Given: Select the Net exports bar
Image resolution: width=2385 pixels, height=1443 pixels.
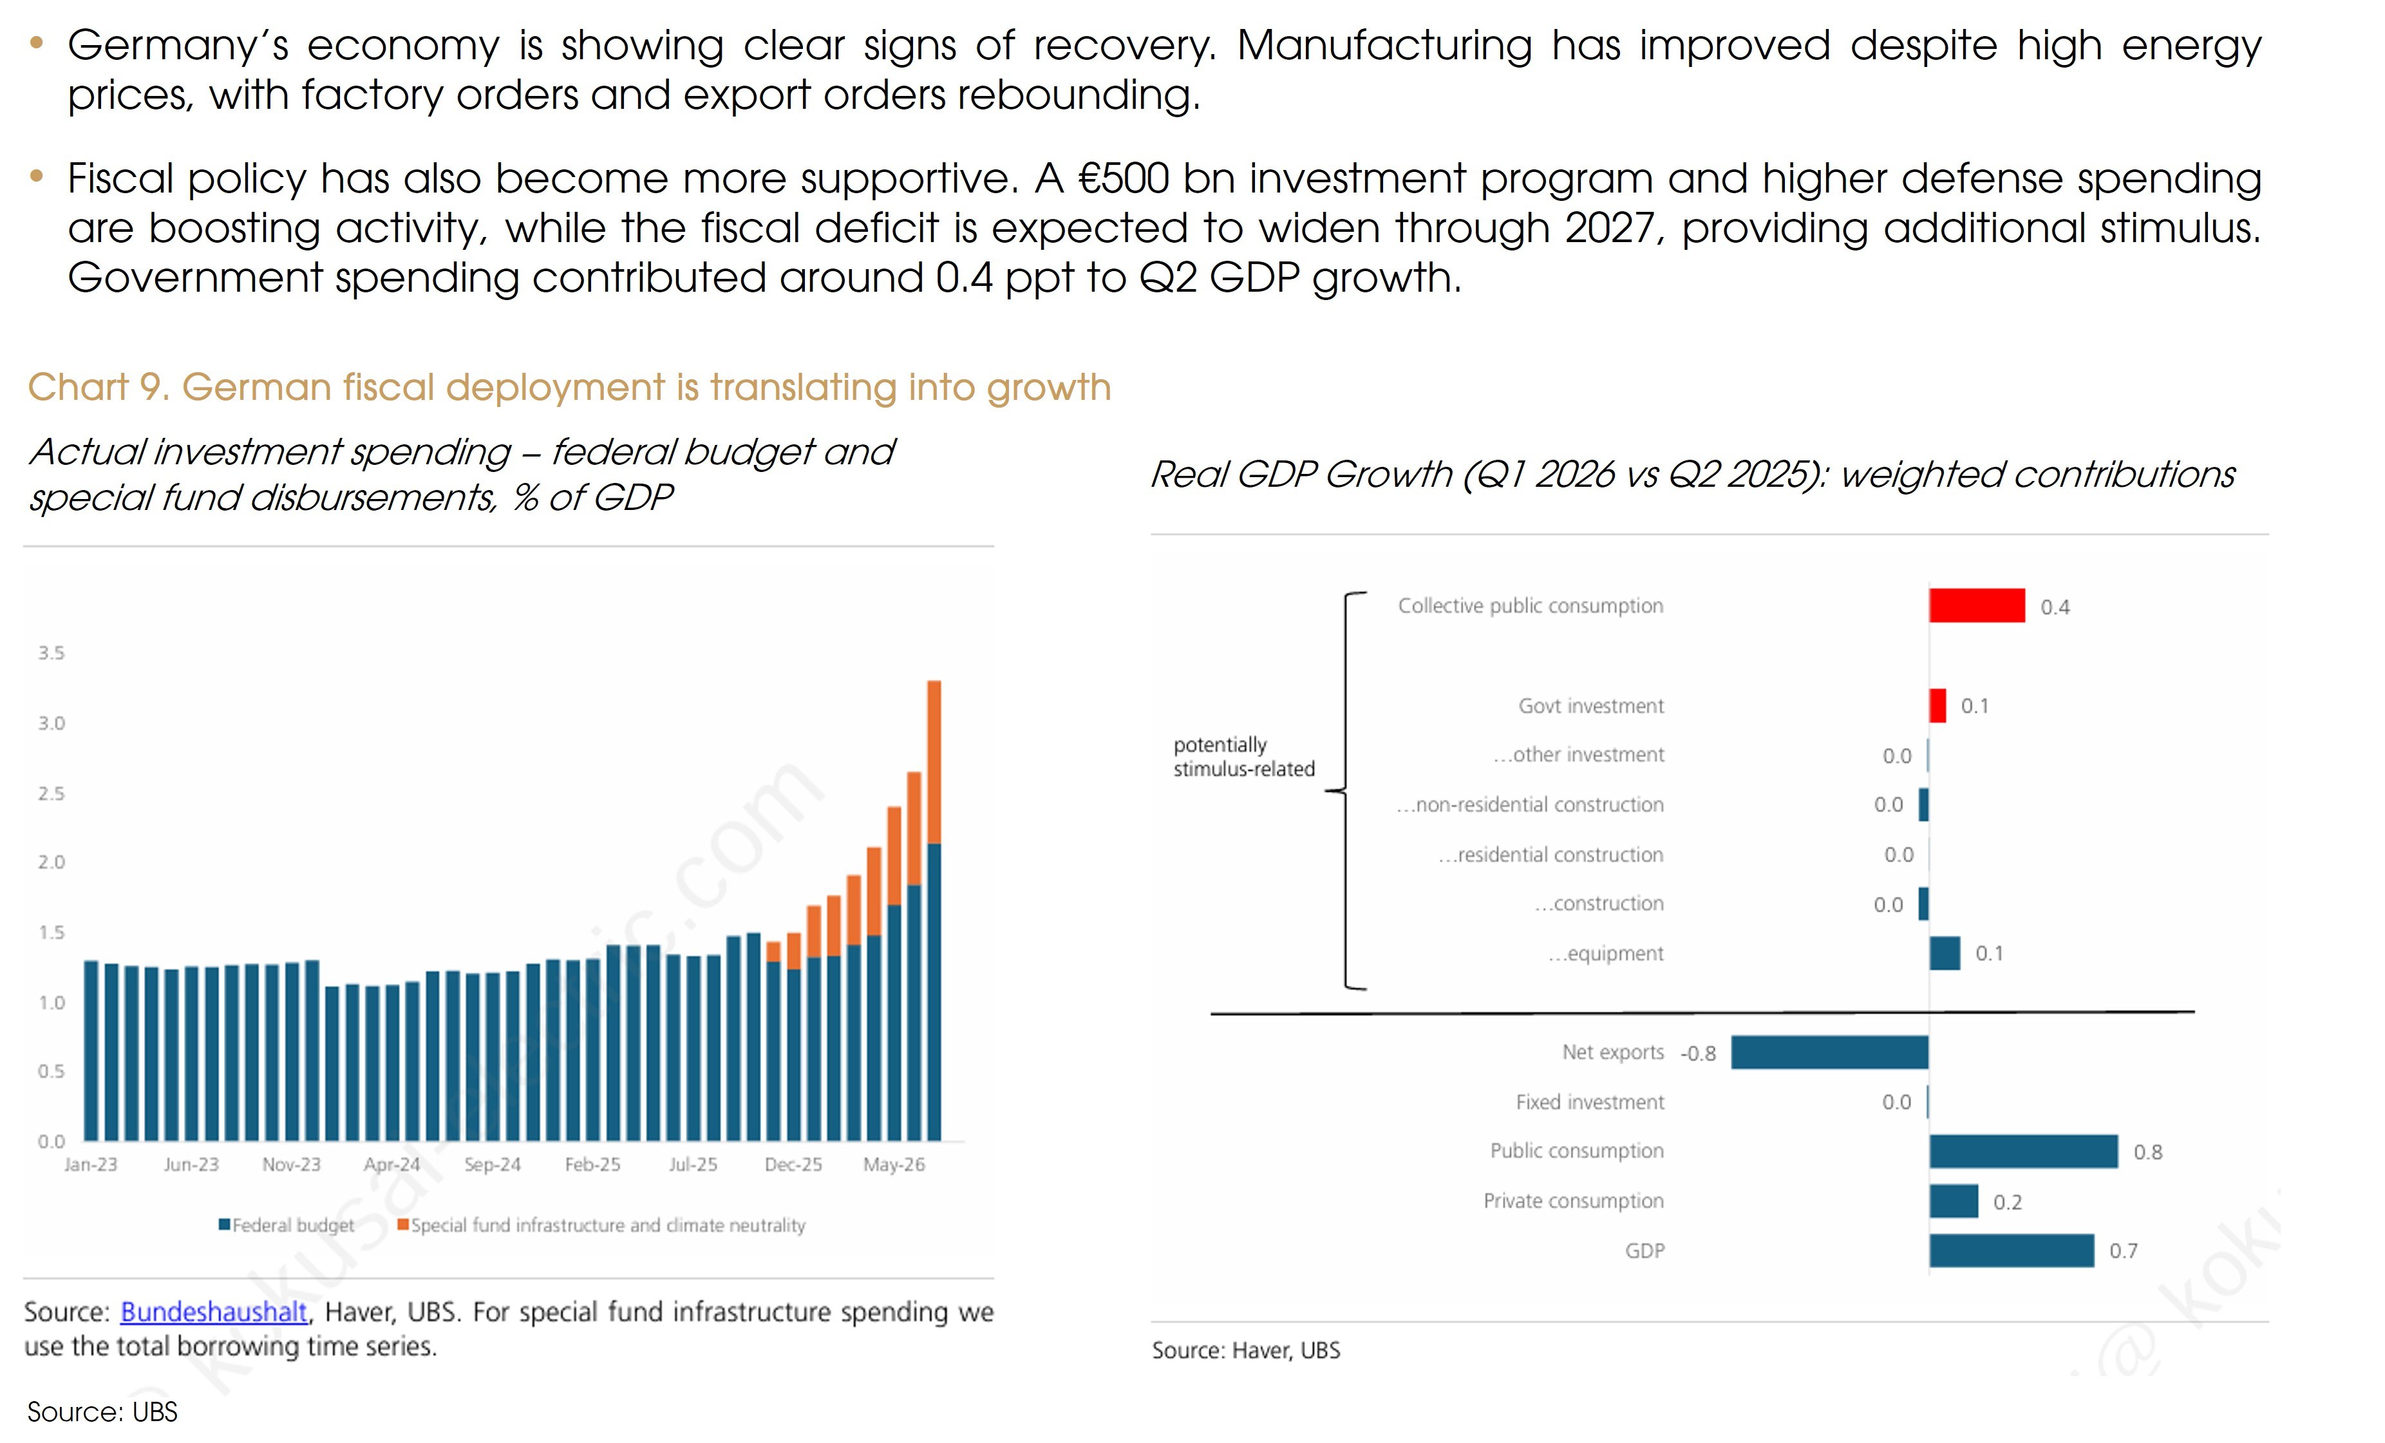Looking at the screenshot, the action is pos(1829,1052).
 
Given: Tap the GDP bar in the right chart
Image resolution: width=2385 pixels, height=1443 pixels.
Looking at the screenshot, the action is pos(2012,1250).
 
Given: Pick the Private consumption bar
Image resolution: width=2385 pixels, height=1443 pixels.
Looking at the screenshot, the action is pos(1954,1201).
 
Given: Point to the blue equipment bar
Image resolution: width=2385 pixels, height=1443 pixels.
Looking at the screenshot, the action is pos(1945,953).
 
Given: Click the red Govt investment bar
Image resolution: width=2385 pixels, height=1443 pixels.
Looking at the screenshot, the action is pos(1938,706).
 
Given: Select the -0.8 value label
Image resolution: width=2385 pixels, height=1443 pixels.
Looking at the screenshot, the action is pos(1698,1053).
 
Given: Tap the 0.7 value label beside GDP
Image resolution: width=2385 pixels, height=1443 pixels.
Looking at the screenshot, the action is pos(2124,1251).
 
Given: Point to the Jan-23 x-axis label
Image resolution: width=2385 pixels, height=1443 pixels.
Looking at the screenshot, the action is pos(91,1164).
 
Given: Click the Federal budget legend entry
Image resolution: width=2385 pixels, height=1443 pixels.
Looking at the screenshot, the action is pos(287,1225).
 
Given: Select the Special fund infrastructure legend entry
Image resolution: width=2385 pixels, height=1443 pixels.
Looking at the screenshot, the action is pos(602,1225).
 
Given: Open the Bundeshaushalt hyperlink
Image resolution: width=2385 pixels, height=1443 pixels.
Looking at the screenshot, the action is pos(214,1312).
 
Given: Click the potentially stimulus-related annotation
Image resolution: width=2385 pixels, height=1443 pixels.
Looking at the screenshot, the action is pos(1244,757).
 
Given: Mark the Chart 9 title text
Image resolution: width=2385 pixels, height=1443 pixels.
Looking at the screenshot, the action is pos(569,387).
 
